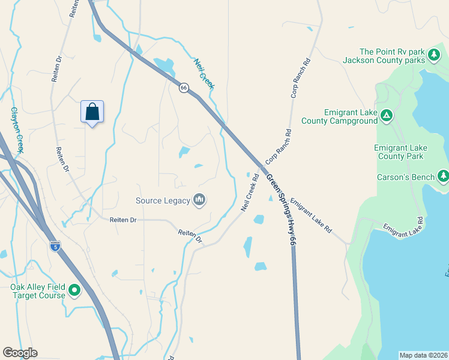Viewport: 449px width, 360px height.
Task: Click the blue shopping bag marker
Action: (92, 112)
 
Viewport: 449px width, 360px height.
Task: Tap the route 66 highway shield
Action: (184, 88)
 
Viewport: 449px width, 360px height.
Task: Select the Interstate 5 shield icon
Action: (55, 247)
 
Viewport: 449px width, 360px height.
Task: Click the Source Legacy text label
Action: (162, 200)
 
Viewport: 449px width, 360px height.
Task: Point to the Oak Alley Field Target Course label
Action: (37, 291)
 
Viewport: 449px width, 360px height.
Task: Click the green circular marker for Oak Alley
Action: (74, 291)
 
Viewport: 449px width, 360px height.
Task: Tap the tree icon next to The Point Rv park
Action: (433, 56)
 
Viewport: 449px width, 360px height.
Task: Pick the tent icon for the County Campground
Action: (387, 115)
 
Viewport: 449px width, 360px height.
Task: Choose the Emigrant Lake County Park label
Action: (400, 152)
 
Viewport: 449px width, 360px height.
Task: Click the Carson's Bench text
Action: (405, 177)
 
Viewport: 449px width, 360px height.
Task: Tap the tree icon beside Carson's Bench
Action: (443, 176)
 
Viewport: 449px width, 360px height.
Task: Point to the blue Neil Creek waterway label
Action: (204, 73)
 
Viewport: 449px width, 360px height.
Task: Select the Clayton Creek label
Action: (16, 130)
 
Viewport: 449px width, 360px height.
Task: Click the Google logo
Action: (20, 353)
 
